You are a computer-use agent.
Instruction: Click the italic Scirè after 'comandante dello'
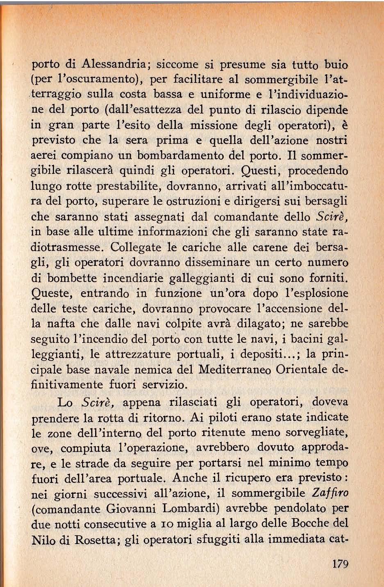click(x=333, y=216)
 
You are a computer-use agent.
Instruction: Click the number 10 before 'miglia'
click(x=166, y=524)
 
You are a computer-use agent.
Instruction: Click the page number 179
click(x=340, y=564)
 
